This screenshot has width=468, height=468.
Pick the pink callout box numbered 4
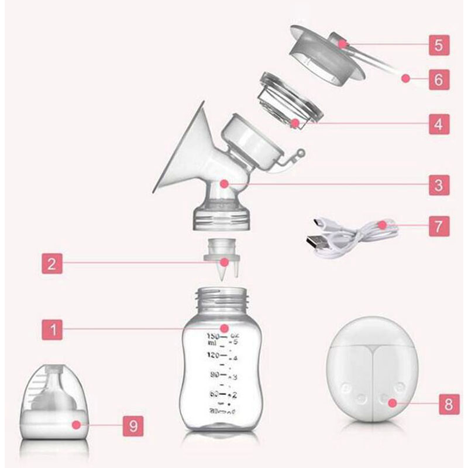tap(438, 123)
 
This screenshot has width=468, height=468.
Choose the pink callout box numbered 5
tap(438, 44)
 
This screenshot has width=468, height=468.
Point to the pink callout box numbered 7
tap(438, 225)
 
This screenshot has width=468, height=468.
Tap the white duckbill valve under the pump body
tap(225, 263)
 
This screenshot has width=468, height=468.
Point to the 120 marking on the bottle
tap(212, 355)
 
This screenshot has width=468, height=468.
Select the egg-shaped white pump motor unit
tap(371, 371)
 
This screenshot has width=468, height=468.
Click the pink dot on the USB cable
tap(381, 224)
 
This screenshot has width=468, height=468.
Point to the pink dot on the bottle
tap(225, 329)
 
